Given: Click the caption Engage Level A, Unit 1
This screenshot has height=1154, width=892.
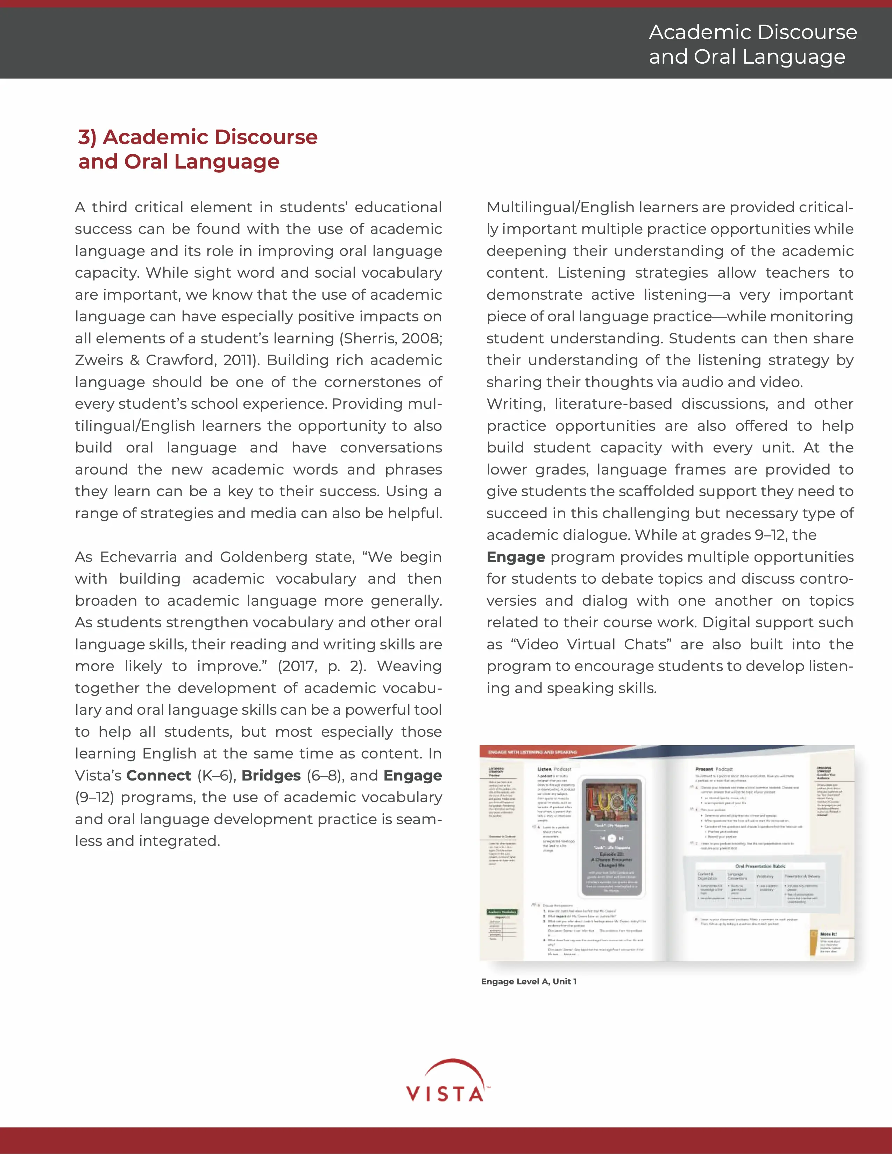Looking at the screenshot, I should [529, 981].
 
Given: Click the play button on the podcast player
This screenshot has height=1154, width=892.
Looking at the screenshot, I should [611, 839].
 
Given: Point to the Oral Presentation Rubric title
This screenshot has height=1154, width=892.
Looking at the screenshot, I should [760, 866].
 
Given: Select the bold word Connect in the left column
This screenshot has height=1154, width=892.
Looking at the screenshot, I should [158, 775].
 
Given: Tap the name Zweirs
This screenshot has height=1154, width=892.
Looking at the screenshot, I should [99, 360].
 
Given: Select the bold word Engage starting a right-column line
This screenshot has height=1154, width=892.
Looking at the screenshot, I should [515, 557].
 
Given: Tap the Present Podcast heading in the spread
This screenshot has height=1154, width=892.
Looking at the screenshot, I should [714, 769].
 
